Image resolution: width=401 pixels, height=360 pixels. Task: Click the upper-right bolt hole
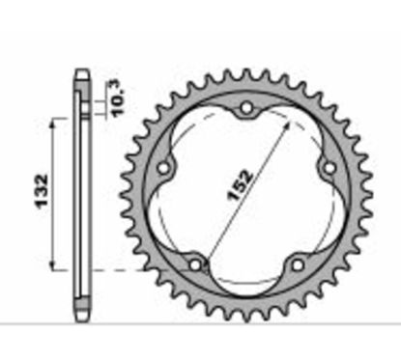coord(329,167)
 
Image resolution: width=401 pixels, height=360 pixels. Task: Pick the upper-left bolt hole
coord(164,167)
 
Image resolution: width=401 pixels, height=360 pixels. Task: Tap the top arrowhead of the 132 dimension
coord(56,118)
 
